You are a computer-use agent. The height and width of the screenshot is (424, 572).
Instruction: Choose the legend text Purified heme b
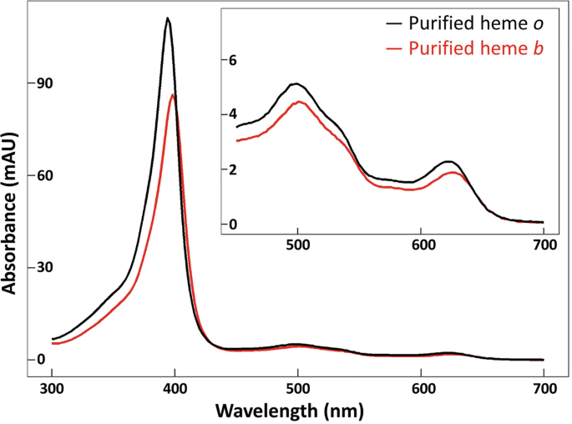pyautogui.click(x=477, y=49)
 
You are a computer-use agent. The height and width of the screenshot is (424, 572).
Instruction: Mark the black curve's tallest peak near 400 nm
pyautogui.click(x=168, y=18)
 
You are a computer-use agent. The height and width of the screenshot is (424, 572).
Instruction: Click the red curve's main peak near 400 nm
pyautogui.click(x=173, y=95)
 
